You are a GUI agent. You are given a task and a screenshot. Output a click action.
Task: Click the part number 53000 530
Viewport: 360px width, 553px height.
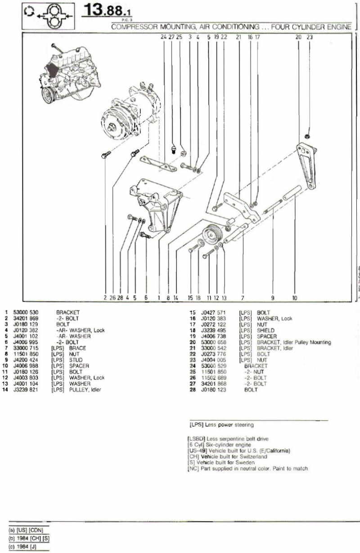(28, 311)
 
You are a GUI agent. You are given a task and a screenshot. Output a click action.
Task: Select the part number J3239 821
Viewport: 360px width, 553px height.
(28, 390)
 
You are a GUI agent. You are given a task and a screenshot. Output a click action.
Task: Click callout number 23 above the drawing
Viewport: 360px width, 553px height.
(309, 37)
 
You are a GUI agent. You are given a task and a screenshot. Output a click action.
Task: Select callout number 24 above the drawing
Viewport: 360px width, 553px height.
(163, 37)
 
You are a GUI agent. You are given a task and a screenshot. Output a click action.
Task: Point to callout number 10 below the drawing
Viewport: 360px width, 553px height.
(295, 297)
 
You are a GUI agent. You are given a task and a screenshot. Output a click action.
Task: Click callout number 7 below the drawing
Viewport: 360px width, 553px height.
(242, 297)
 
